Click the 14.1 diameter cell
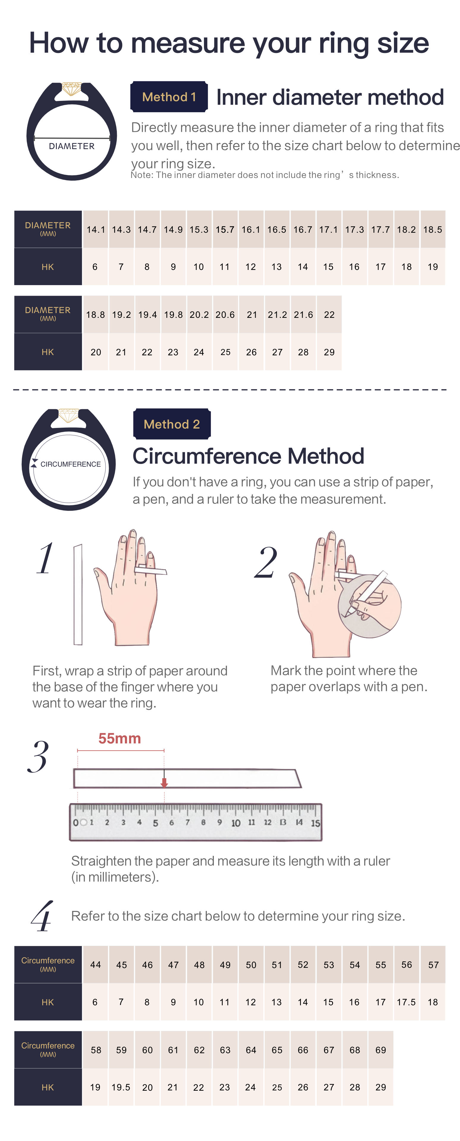[x=96, y=229]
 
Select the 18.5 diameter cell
[x=433, y=229]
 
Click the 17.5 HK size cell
[x=406, y=1002]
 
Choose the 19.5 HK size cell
[x=121, y=1087]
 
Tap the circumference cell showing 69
[x=380, y=1050]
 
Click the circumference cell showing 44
[x=96, y=965]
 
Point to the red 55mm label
[x=120, y=738]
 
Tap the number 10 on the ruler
[x=236, y=823]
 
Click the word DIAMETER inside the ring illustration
[x=71, y=146]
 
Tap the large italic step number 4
[x=42, y=916]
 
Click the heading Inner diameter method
[x=330, y=97]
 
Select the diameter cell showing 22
[x=329, y=315]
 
